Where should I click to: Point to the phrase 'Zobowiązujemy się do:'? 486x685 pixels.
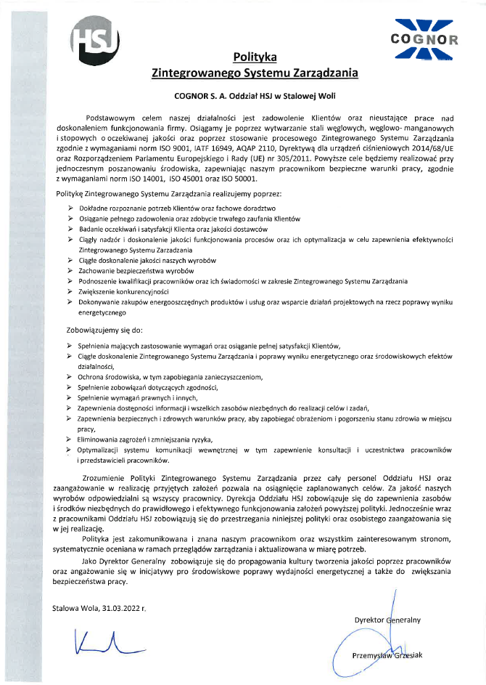coord(102,329)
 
